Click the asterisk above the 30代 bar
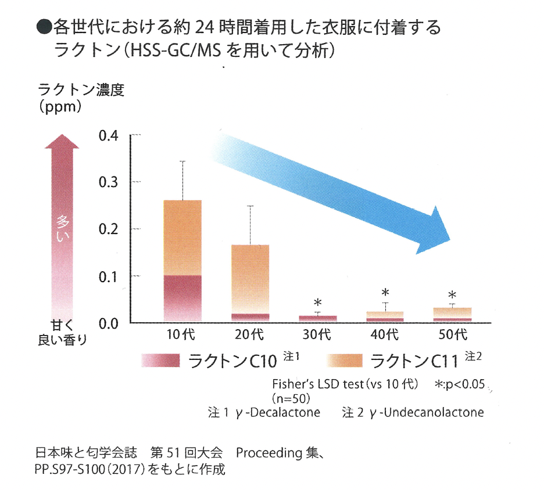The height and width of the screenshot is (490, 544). pyautogui.click(x=317, y=303)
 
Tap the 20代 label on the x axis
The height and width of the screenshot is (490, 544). pyautogui.click(x=250, y=335)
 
